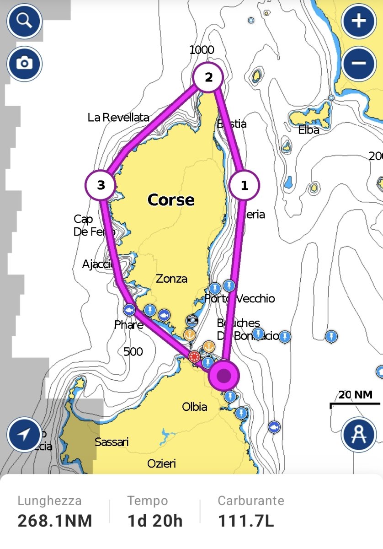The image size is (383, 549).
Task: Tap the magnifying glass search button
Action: [x=24, y=21]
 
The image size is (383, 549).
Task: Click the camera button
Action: [x=24, y=63]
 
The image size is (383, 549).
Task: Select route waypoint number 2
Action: [x=208, y=77]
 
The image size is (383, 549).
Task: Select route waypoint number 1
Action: [x=245, y=186]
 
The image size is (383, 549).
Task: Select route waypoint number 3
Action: [x=101, y=185]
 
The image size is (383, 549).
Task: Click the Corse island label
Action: [x=170, y=200]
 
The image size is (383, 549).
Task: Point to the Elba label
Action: [x=309, y=130]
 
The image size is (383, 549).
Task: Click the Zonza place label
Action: [x=171, y=279]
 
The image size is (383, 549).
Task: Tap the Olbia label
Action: [x=194, y=407]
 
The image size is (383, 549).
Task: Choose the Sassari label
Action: [x=112, y=442]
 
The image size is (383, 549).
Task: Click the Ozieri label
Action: [x=161, y=464]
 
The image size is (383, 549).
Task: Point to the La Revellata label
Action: [x=118, y=118]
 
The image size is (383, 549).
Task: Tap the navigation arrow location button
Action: [x=24, y=434]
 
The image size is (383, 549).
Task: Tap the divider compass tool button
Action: [x=359, y=434]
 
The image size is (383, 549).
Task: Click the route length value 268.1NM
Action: [x=55, y=521]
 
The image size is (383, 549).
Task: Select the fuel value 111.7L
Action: [x=246, y=521]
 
